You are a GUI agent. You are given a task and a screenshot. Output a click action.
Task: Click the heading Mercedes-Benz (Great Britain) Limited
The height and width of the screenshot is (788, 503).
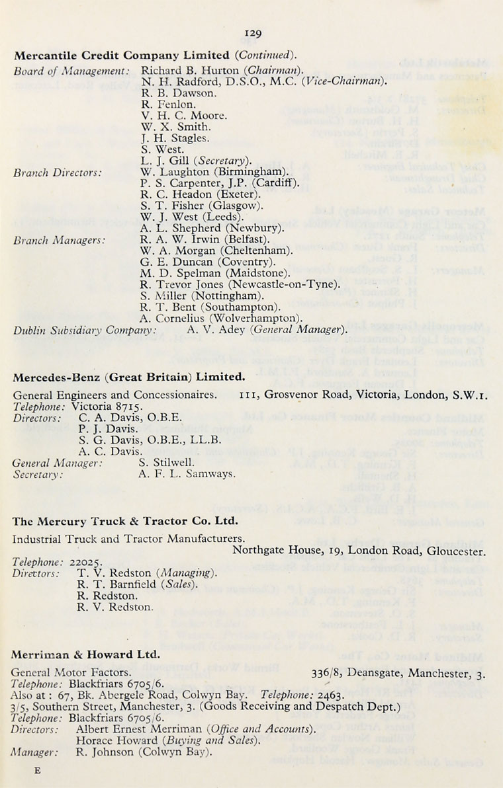129,377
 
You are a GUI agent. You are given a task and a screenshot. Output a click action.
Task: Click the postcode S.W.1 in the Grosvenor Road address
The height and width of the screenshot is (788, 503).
471,396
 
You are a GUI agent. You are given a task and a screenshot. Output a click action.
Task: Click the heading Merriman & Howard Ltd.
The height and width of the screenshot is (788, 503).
86,654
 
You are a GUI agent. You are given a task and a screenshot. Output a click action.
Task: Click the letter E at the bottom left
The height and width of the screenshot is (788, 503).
37,769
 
